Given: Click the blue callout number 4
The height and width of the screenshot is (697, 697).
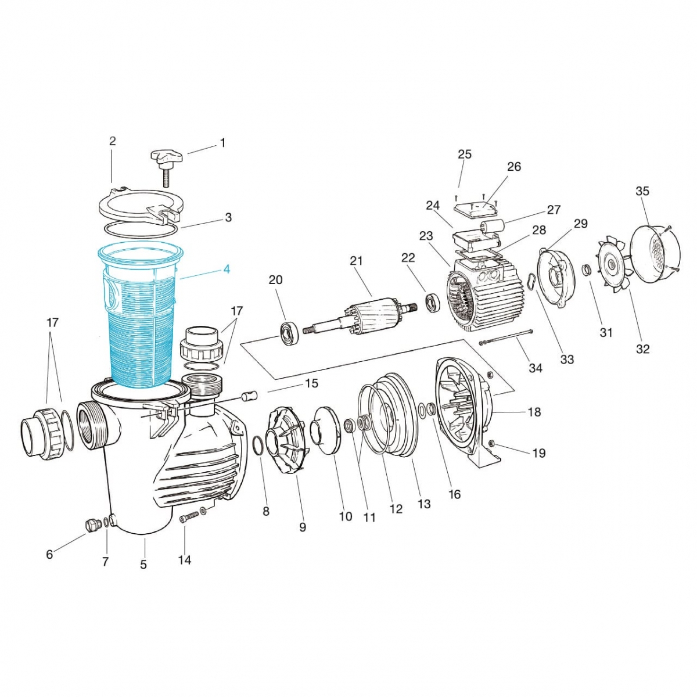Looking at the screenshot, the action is click(x=227, y=269).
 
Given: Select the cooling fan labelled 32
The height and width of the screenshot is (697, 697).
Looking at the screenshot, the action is click(x=612, y=264).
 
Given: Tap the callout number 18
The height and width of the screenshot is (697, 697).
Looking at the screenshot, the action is click(x=534, y=412).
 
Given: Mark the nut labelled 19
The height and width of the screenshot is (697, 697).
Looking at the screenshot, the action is click(x=493, y=443).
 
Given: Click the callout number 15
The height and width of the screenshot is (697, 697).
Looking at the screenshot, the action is click(x=311, y=383).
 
